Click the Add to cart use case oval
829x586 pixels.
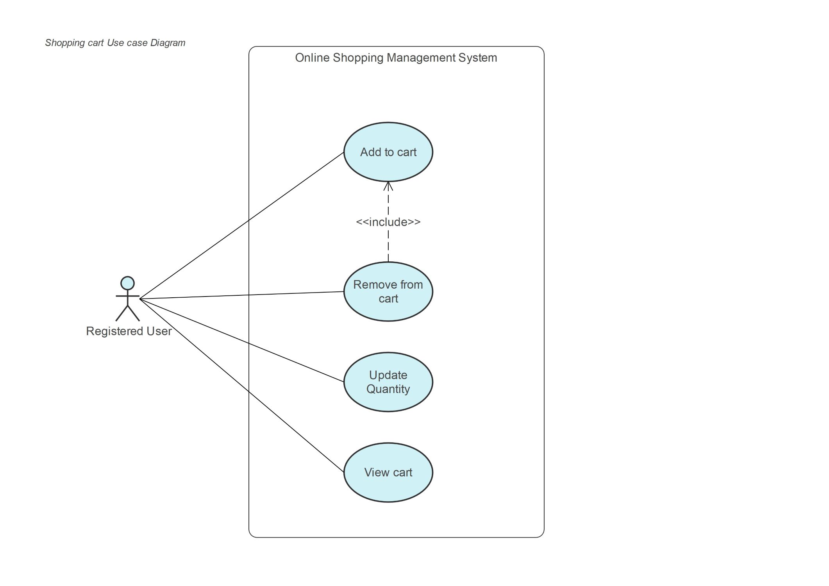pos(388,152)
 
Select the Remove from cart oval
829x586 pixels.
pos(388,291)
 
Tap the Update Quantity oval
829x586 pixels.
pos(388,382)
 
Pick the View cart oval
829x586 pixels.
pos(388,472)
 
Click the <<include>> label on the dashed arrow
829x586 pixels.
pos(388,222)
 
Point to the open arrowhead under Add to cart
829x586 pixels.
pos(388,186)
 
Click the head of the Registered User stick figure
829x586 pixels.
pos(127,283)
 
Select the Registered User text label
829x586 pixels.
pos(129,331)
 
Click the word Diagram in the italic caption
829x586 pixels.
pos(168,43)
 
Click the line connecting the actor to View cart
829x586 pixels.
pos(242,386)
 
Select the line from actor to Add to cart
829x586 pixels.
pos(242,225)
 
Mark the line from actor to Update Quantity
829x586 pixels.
pos(242,340)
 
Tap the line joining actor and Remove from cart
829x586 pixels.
pos(242,295)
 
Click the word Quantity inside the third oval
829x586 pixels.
pos(388,389)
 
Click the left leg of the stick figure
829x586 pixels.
pos(121,313)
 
